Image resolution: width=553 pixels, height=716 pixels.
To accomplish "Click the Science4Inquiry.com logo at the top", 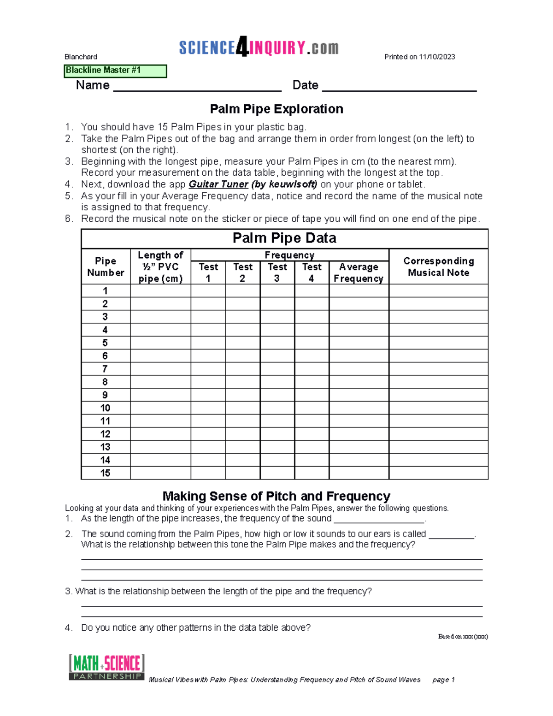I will point(259,47).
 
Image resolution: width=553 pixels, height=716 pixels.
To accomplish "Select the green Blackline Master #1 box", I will point(115,71).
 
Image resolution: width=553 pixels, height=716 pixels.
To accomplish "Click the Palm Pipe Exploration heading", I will point(276,109).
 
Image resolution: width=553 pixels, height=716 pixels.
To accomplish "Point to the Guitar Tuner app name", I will point(218,184).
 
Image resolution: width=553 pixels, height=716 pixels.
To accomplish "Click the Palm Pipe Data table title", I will point(284,238).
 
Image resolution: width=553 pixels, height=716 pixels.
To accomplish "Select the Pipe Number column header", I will point(106,267).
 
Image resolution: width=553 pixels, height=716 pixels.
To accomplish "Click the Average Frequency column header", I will point(359,272).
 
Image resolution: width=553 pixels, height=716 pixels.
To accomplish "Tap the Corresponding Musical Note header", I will point(438,267).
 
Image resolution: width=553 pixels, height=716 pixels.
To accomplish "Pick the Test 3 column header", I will point(277,272).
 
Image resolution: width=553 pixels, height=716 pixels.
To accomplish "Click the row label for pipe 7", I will point(105,369).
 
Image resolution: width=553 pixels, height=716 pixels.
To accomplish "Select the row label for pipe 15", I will point(105,473).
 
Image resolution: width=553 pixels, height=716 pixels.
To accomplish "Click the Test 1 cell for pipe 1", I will point(208,291).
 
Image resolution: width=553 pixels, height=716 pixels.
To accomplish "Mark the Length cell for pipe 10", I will point(160,408).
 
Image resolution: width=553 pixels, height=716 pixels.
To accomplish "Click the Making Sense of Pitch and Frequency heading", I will point(276,496).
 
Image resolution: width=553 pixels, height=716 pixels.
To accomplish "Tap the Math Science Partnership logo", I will point(106,667).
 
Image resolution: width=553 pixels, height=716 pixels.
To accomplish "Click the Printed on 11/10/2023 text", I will point(419,57).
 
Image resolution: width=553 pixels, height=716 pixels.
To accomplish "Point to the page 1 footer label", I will point(443,680).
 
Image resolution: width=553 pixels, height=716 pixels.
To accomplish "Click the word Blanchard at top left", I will point(81,57).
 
